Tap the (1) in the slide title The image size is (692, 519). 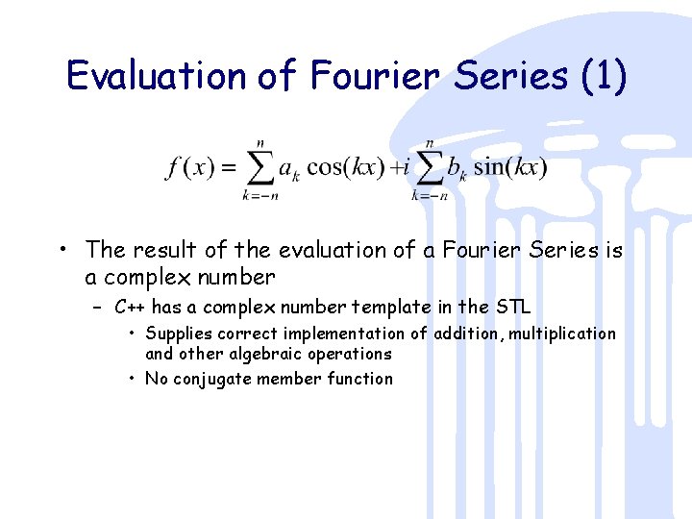tap(603, 76)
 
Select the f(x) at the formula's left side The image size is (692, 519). tap(189, 167)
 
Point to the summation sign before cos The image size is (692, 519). tap(259, 167)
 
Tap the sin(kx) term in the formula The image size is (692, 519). tap(511, 167)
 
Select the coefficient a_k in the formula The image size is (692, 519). tap(289, 169)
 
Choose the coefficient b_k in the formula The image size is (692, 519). tap(457, 169)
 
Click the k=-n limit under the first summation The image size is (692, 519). tap(259, 196)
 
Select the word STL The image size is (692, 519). tap(511, 308)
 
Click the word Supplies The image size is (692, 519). tap(180, 334)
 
